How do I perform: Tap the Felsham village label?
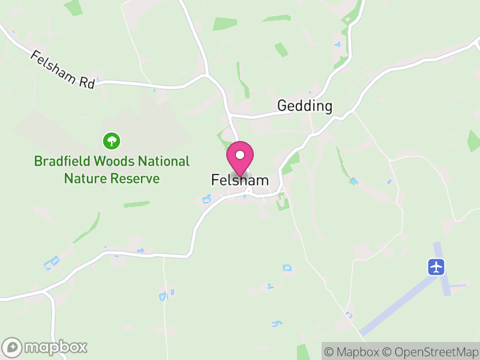240,180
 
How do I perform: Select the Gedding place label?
305,106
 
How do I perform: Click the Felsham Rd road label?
62,70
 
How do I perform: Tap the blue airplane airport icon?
436,266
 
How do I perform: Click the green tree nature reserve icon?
112,141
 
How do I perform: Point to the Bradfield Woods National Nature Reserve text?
112,170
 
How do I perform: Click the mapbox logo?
46,347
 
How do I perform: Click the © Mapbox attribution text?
354,352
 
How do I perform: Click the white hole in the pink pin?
240,155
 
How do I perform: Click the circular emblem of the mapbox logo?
13,347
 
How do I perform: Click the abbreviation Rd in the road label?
87,82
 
